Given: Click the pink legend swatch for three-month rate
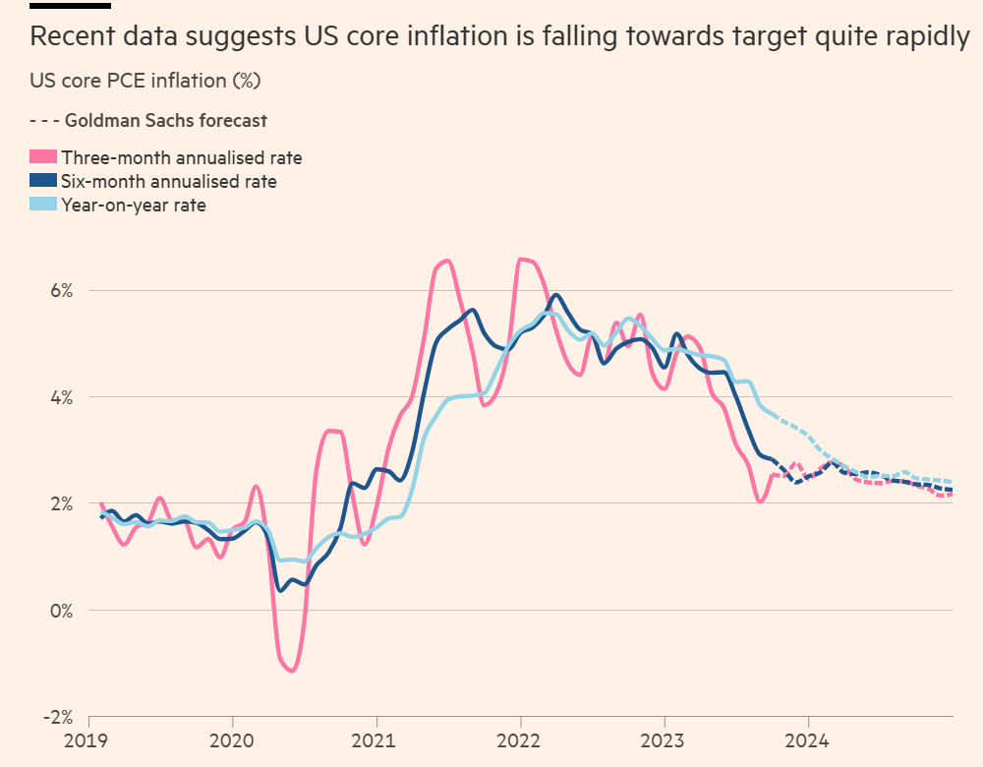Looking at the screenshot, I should pyautogui.click(x=43, y=157).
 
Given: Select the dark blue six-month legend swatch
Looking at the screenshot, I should pyautogui.click(x=43, y=181).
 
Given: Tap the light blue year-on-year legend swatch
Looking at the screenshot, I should pyautogui.click(x=43, y=205).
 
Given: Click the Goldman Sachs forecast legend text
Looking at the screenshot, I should pyautogui.click(x=165, y=121).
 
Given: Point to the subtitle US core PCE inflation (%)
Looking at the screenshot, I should pyautogui.click(x=145, y=80).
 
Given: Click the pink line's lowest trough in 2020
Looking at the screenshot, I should pyautogui.click(x=293, y=671).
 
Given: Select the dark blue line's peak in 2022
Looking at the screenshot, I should pyautogui.click(x=556, y=294).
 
